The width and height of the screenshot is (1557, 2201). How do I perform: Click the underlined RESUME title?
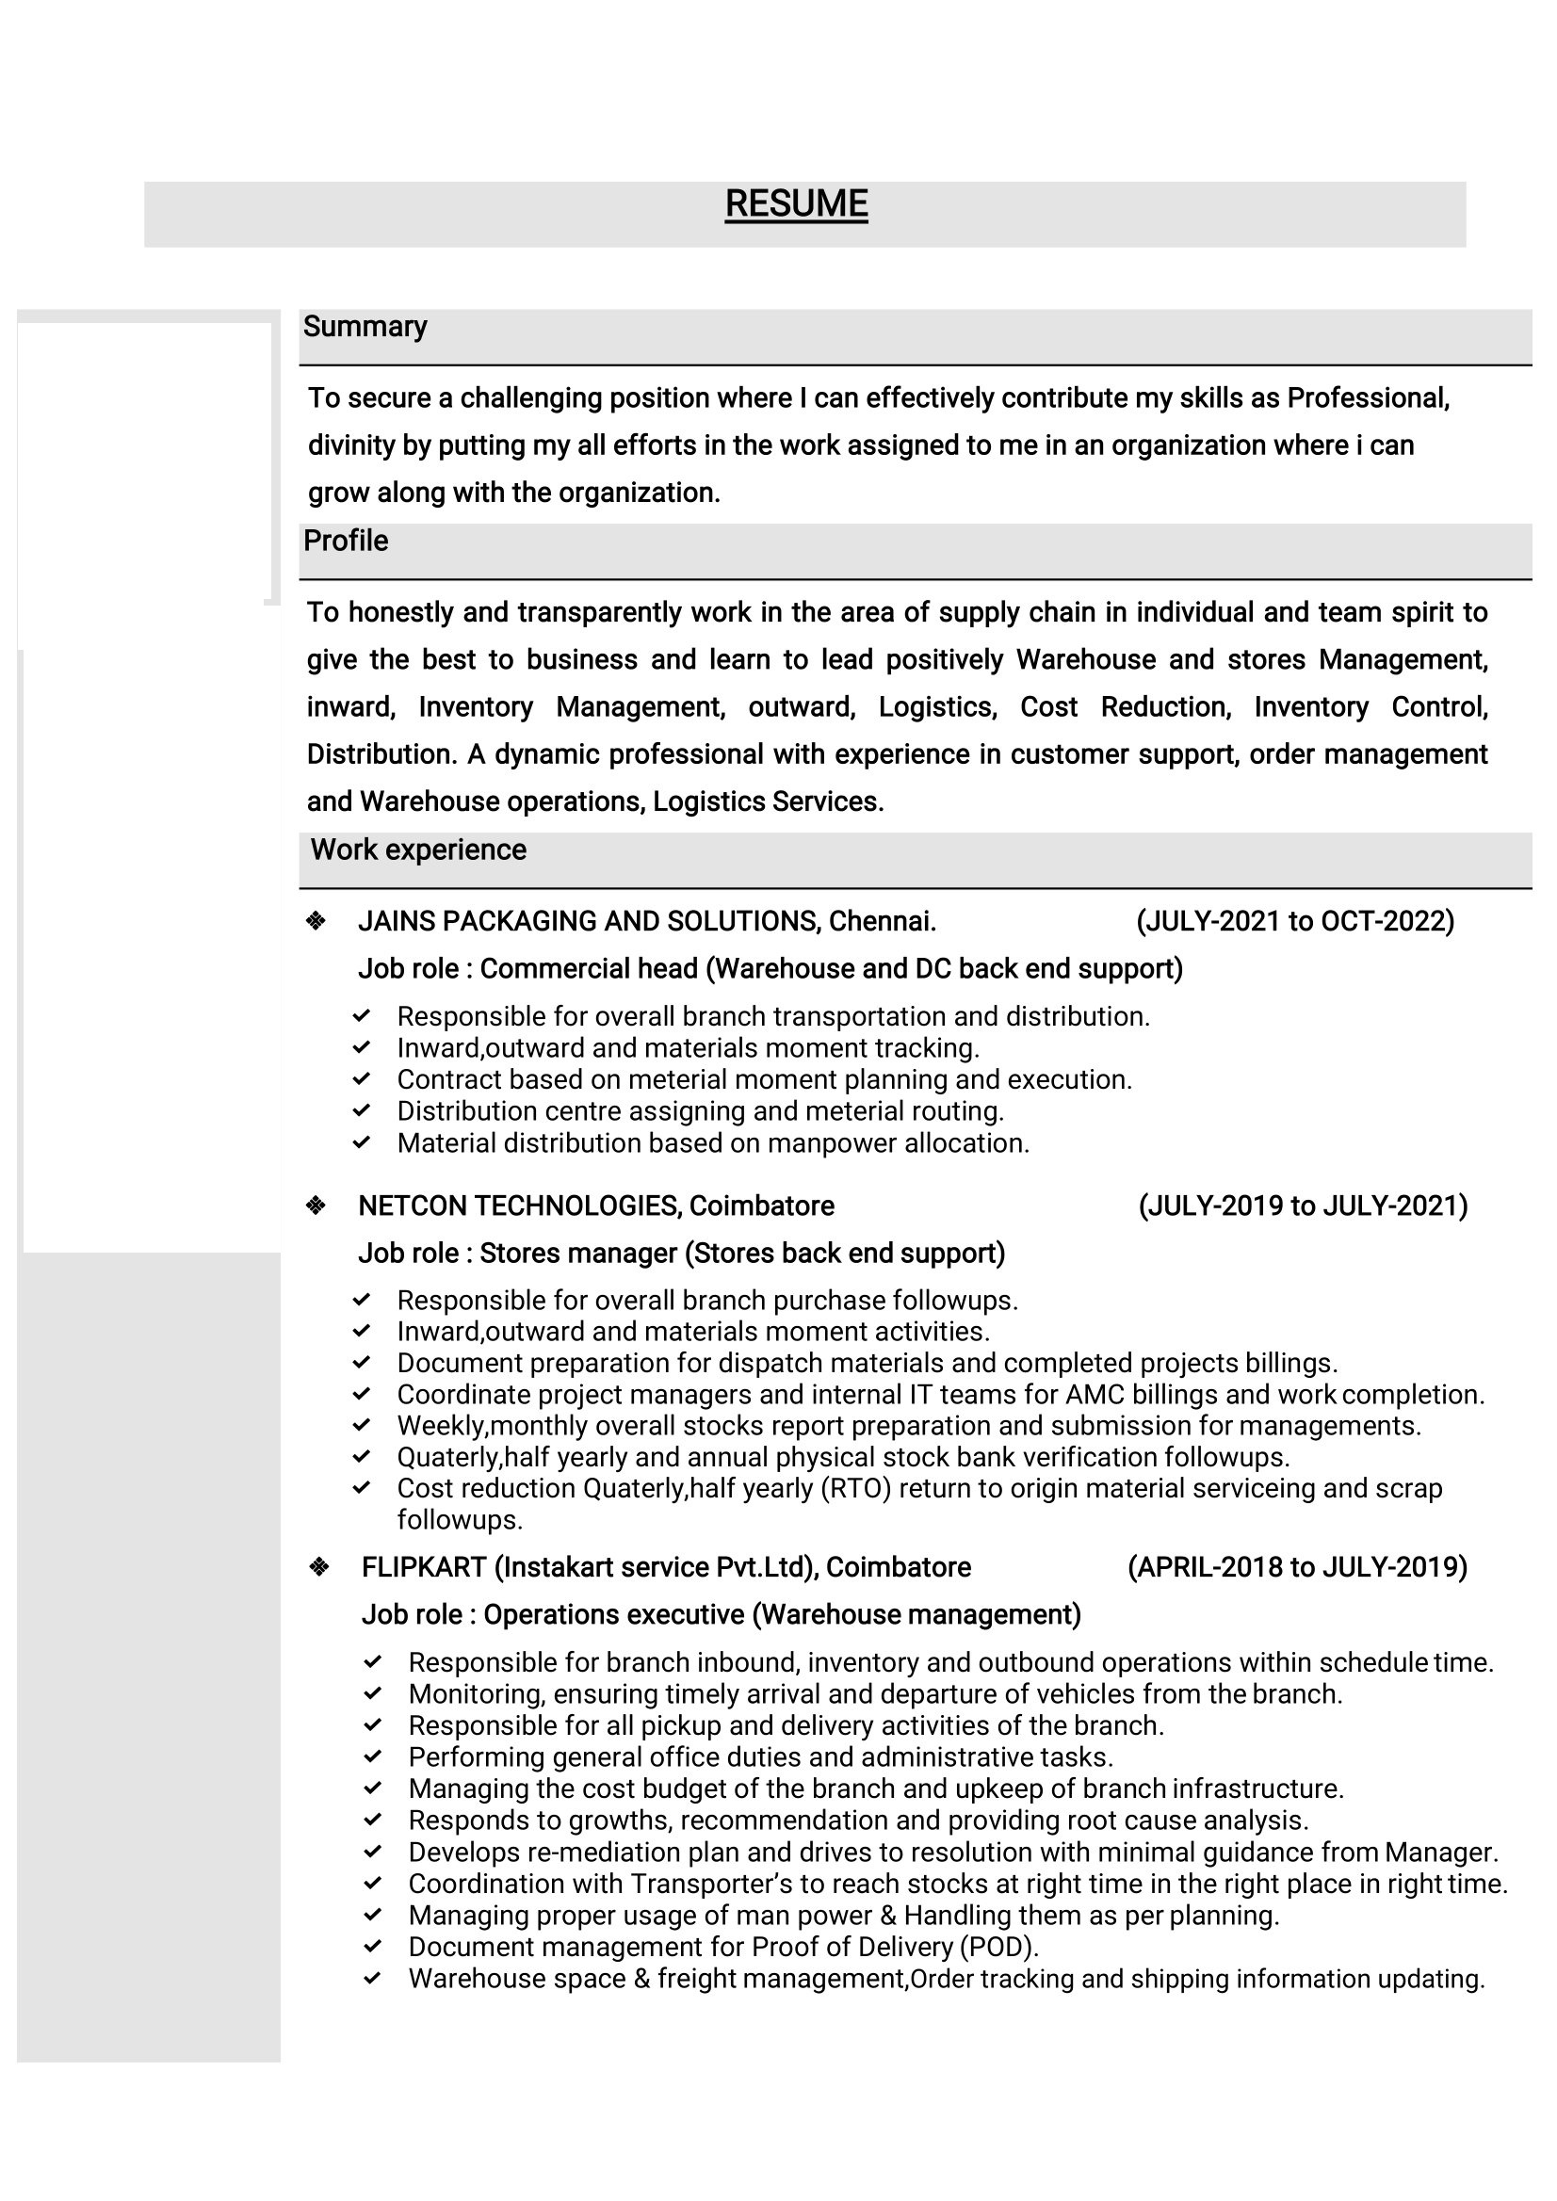[x=796, y=204]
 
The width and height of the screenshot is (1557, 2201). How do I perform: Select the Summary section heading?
[x=365, y=327]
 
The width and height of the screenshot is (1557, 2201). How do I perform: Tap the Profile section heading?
[x=345, y=541]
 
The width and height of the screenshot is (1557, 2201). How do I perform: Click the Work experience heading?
[x=418, y=850]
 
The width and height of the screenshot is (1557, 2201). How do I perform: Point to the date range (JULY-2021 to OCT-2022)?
[x=1295, y=921]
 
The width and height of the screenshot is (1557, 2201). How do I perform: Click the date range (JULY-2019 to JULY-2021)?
[x=1303, y=1206]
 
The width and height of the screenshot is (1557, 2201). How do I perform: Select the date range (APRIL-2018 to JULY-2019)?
[x=1297, y=1567]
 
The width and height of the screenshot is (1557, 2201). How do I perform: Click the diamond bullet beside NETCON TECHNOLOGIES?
[x=316, y=1206]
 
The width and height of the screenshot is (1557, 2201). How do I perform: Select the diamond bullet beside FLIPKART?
[x=319, y=1567]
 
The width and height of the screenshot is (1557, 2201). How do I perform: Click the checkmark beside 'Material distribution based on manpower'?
[x=362, y=1142]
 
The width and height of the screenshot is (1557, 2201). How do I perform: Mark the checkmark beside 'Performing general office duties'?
[x=373, y=1757]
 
